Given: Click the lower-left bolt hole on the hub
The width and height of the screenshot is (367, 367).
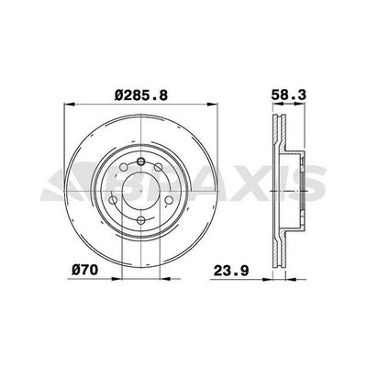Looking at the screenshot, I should [x=117, y=203].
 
